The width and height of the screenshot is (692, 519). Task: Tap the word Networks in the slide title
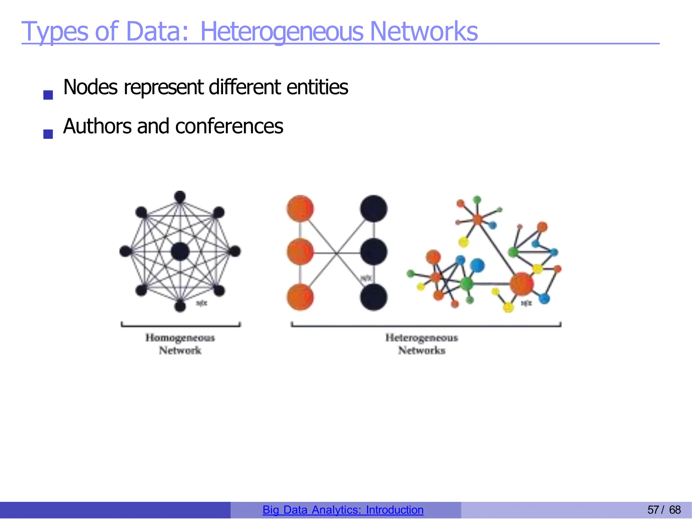pos(424,31)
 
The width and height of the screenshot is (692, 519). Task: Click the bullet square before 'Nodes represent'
pos(48,95)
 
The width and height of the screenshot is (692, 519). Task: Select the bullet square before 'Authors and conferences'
pos(48,134)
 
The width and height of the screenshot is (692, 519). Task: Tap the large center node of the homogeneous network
pos(180,252)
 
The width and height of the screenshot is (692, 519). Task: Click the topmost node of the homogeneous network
pos(180,197)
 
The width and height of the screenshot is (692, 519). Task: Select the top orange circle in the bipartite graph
pos(300,209)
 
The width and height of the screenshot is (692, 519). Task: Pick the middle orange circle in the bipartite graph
pos(300,252)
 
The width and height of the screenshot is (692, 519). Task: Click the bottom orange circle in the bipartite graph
pos(300,297)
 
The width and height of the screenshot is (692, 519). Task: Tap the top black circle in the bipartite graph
pos(373,209)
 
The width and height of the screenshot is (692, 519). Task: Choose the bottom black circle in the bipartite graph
pos(373,297)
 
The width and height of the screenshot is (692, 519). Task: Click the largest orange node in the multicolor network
pos(521,284)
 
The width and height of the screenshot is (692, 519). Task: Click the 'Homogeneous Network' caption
pos(180,344)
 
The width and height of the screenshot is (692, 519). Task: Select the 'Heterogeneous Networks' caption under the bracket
pos(422,344)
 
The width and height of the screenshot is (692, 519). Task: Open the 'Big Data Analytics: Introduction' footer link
pos(343,510)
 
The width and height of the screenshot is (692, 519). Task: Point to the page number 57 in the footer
pos(653,510)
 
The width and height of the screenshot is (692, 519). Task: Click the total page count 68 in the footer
pos(675,510)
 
